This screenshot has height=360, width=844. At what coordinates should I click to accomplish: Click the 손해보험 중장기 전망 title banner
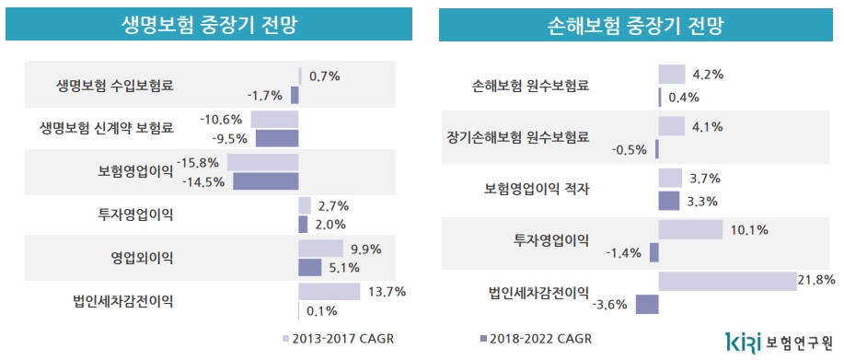[x=635, y=25]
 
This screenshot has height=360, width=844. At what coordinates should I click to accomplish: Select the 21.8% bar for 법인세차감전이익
[x=726, y=282]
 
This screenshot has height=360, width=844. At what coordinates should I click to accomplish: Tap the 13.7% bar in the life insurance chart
[x=329, y=291]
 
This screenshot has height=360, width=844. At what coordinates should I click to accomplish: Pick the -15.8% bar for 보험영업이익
[x=262, y=162]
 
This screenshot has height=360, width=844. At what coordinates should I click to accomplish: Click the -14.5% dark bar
[x=265, y=181]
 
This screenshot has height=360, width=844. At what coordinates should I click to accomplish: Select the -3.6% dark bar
[x=647, y=304]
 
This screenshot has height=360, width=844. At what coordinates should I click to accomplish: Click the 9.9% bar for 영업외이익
[x=319, y=249]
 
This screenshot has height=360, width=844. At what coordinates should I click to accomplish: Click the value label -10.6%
[x=221, y=119]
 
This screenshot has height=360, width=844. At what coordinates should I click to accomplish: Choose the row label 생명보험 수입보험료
[x=115, y=87]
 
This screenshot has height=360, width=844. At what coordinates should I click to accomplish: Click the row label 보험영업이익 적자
[x=537, y=189]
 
